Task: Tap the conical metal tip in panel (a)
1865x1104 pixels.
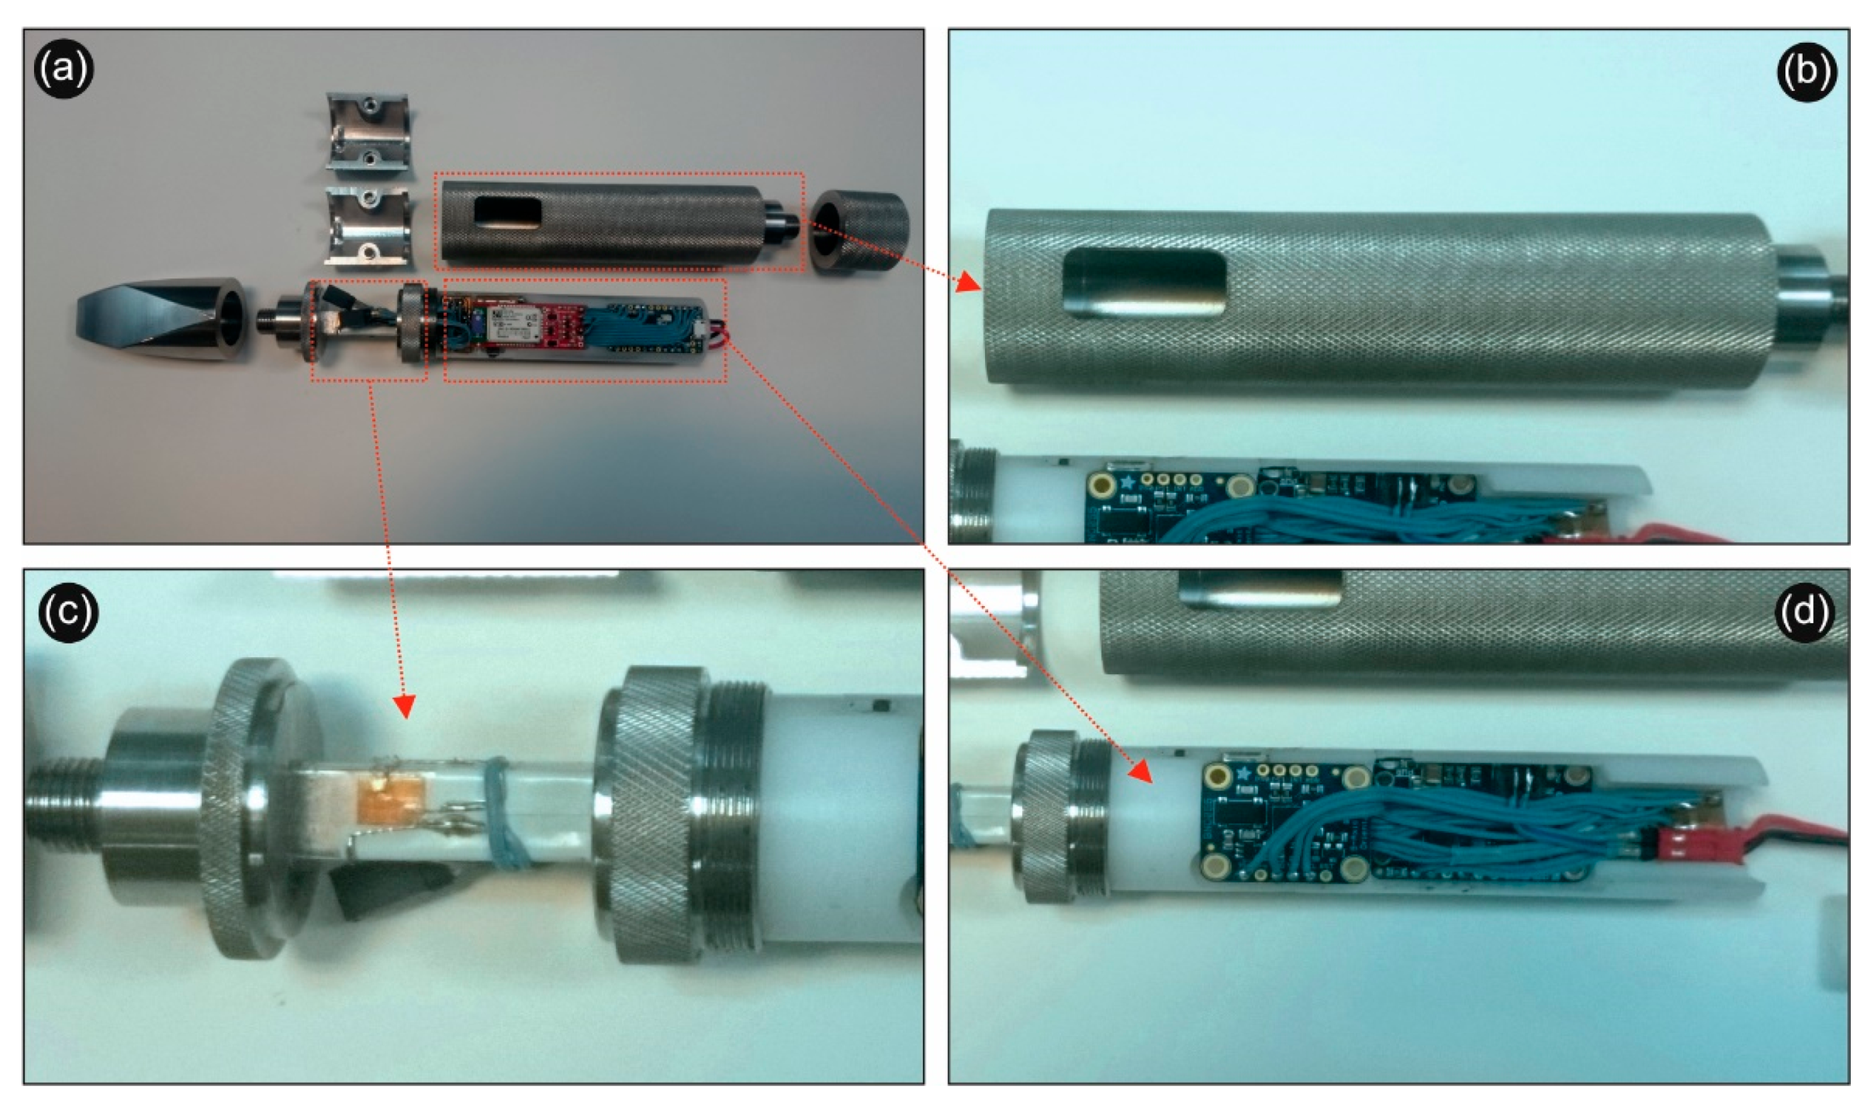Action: pos(160,319)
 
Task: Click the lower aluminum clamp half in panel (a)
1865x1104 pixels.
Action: pos(367,226)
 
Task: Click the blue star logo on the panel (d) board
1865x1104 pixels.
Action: pos(1241,774)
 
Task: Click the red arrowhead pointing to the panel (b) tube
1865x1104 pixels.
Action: pos(968,283)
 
